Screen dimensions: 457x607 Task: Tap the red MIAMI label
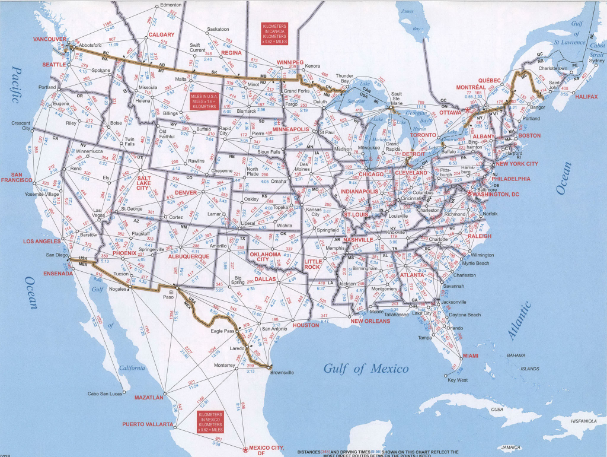click(470, 355)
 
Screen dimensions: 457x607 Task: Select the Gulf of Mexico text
click(366, 369)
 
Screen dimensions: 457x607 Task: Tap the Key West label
click(457, 380)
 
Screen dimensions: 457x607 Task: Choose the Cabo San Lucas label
click(105, 393)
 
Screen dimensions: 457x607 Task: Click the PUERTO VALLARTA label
click(148, 424)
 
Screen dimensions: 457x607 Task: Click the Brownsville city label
click(282, 373)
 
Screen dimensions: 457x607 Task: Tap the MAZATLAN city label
click(149, 397)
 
